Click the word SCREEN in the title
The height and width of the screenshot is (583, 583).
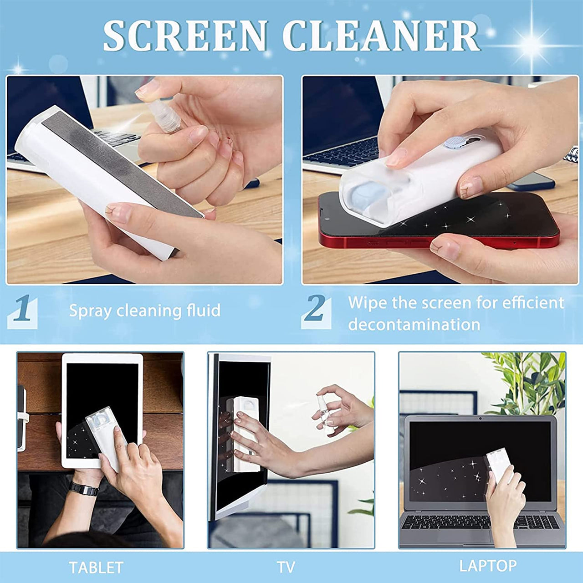[x=185, y=36]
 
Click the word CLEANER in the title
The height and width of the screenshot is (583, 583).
[x=381, y=36]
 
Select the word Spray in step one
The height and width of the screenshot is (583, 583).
[x=90, y=311]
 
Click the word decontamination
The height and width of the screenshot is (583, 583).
[x=414, y=325]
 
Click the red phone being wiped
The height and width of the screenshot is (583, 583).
[x=439, y=224]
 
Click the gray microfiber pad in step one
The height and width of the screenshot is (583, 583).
[x=121, y=164]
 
